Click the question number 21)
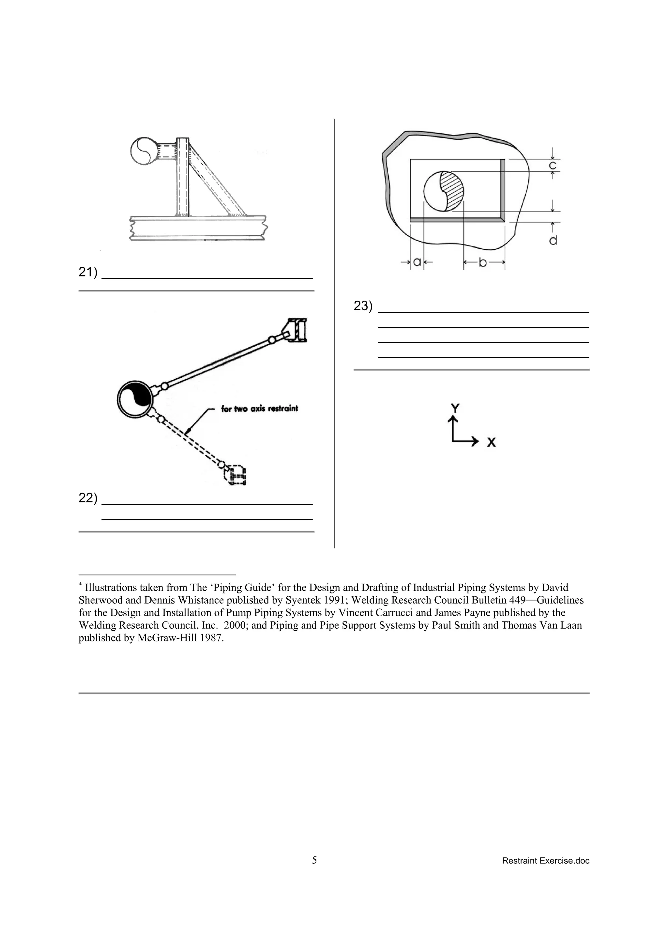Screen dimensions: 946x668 [x=88, y=272]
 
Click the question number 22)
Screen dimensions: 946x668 [x=88, y=498]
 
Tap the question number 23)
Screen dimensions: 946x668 [x=363, y=306]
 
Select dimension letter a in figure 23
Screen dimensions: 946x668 [x=417, y=262]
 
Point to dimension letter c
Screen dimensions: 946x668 [x=553, y=166]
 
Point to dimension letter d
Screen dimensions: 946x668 [x=553, y=240]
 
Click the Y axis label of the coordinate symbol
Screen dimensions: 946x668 [x=455, y=408]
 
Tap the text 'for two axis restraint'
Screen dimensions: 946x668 [x=259, y=409]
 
